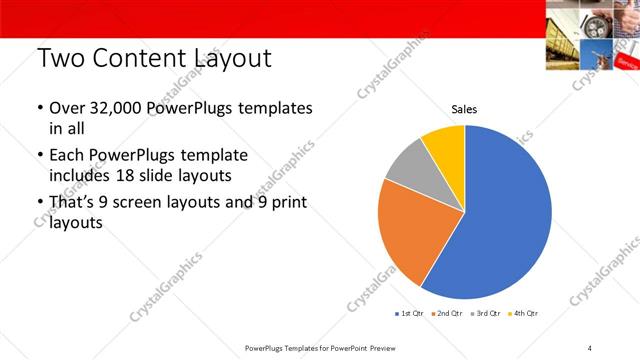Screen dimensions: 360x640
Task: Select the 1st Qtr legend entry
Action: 411,314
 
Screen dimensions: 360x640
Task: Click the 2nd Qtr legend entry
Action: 448,314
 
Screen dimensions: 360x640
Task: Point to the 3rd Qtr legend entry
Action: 485,314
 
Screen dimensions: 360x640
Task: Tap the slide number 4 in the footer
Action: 589,348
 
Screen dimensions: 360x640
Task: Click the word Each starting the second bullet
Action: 67,157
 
